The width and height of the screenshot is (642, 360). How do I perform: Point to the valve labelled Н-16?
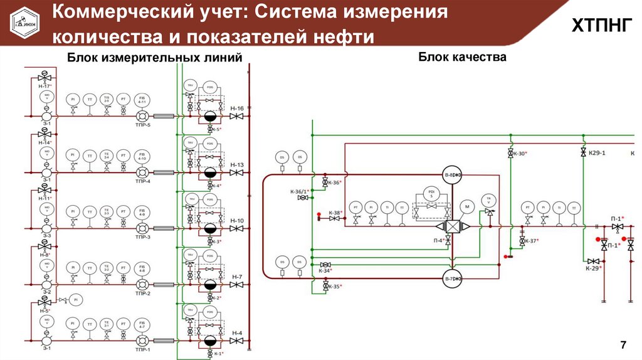click(x=237, y=116)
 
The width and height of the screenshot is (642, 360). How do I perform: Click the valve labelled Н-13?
click(x=237, y=172)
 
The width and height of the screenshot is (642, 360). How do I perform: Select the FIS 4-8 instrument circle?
click(x=142, y=268)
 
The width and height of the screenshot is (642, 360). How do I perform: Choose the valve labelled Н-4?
click(x=237, y=341)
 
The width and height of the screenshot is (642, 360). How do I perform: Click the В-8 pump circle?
click(x=451, y=175)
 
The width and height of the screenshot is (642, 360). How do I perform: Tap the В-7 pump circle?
click(x=451, y=279)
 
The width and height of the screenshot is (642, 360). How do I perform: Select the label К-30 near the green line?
click(x=518, y=154)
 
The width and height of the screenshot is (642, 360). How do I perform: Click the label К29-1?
click(x=596, y=152)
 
